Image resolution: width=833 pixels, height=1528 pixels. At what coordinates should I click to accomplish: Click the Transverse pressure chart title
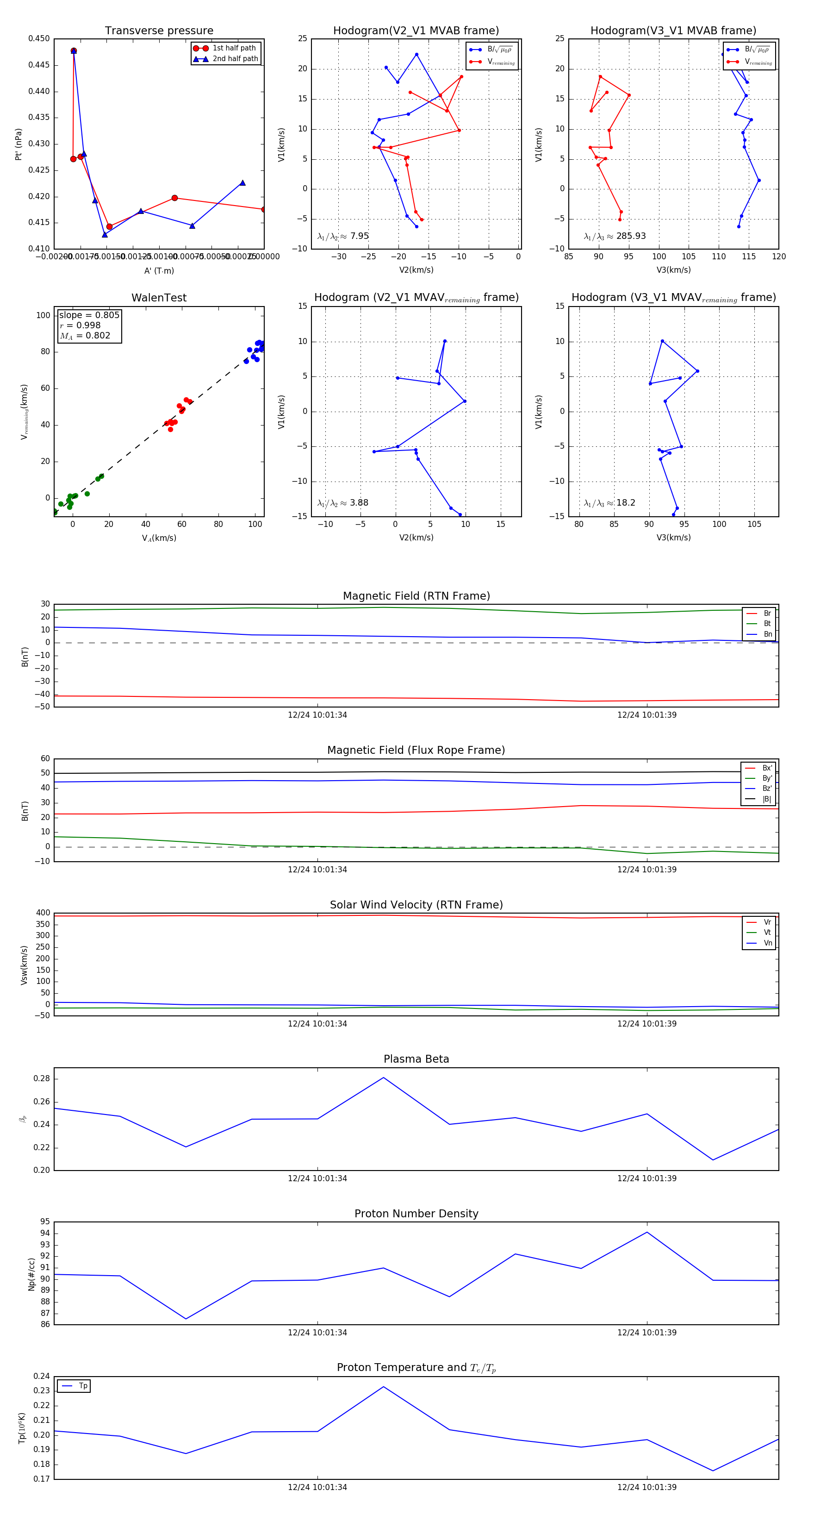point(159,31)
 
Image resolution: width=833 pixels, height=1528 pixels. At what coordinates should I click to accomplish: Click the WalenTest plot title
point(159,298)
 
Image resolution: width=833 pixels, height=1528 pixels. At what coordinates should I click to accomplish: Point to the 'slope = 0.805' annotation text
point(89,315)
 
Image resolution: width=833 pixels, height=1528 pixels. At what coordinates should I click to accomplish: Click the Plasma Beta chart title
point(416,1059)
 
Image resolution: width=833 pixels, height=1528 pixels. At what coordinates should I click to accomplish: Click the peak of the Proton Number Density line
point(647,1232)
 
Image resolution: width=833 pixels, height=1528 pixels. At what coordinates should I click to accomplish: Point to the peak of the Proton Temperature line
point(384,1386)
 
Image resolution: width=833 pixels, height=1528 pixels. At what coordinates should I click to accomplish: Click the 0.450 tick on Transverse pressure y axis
point(39,38)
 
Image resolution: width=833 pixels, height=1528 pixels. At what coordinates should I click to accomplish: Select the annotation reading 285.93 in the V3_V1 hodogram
point(630,236)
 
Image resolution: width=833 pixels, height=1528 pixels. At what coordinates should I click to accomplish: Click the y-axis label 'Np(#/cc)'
point(31,1274)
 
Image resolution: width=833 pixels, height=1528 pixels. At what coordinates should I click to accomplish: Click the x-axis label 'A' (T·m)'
point(159,270)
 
